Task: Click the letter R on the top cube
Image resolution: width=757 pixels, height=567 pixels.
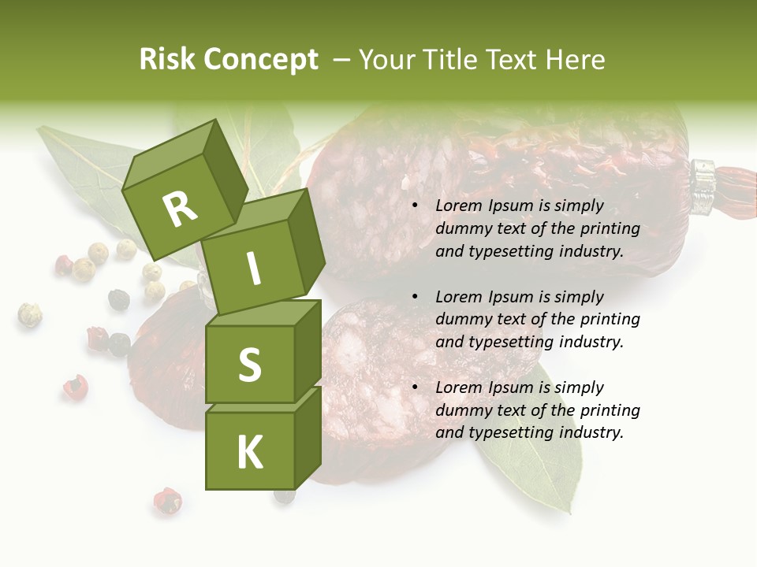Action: (180, 209)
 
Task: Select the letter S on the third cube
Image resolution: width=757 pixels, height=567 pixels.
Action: (249, 364)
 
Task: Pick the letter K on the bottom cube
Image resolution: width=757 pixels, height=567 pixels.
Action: (249, 452)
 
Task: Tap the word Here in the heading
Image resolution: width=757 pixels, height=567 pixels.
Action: (576, 60)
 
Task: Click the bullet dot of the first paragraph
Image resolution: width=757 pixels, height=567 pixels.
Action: (416, 206)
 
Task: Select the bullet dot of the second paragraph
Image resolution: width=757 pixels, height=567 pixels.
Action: (416, 297)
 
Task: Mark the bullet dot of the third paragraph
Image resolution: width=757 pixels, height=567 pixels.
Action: (416, 387)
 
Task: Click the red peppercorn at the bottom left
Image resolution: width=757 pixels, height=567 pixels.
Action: (166, 501)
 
